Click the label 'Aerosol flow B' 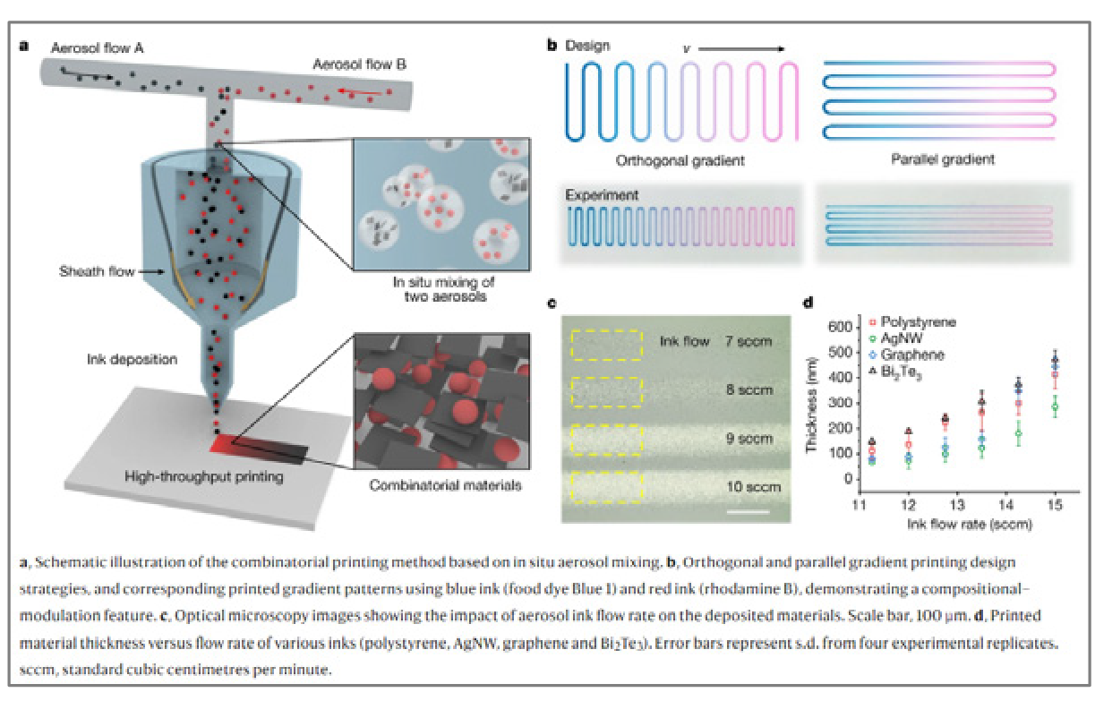(359, 64)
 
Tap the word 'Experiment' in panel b (597, 193)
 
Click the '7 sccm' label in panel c (749, 341)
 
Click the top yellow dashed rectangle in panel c (606, 345)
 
